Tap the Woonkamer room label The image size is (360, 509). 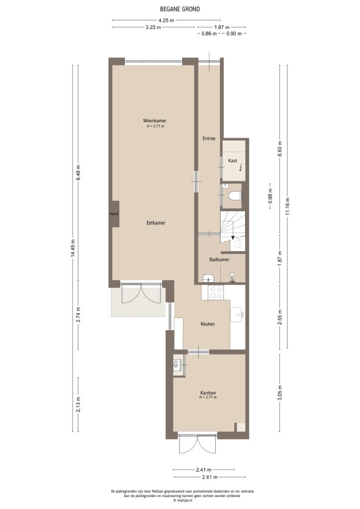155,121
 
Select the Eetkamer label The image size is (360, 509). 155,223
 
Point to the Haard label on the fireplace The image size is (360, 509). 114,214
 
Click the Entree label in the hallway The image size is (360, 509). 208,138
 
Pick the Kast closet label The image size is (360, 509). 232,161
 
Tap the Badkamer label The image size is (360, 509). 219,259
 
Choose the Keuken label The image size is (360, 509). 207,324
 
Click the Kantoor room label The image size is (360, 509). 208,392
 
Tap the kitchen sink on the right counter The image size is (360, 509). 238,313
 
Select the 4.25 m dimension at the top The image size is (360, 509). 166,20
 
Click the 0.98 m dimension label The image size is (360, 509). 270,196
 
